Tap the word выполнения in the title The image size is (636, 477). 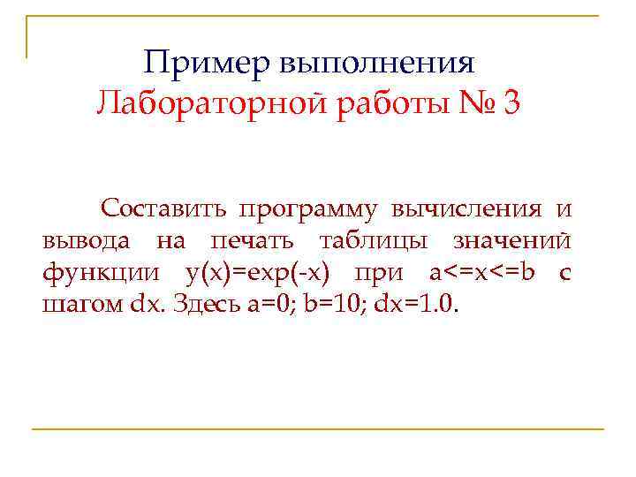[378, 64]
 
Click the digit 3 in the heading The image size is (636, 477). [511, 105]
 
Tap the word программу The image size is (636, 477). [305, 210]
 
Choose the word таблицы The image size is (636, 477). [375, 241]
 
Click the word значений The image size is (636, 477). [511, 241]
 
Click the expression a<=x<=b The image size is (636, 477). [481, 273]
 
